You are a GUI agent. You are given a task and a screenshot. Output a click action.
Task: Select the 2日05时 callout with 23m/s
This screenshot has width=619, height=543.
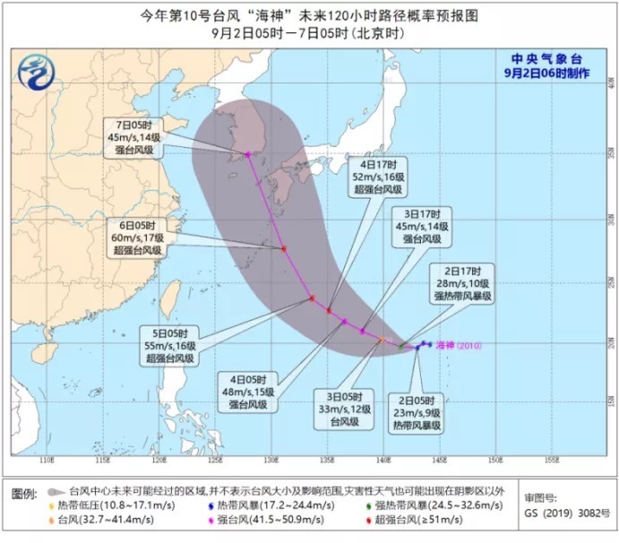[415, 413]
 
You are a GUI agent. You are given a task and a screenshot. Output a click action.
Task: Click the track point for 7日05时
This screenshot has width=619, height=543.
[248, 154]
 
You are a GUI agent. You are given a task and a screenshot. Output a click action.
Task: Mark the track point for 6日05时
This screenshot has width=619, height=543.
[283, 249]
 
